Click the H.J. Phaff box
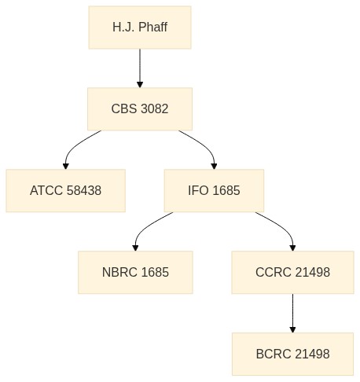(x=140, y=28)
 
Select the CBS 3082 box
(x=140, y=109)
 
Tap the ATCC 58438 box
(x=66, y=191)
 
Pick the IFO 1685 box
(x=214, y=191)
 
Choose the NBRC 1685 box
(x=135, y=273)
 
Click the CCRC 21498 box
(x=293, y=273)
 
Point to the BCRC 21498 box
(x=293, y=354)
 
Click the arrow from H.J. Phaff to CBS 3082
(x=140, y=68)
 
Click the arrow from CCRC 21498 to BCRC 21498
(x=293, y=314)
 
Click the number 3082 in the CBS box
(x=154, y=108)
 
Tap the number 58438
(x=84, y=190)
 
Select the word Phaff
(x=152, y=27)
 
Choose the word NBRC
(x=119, y=272)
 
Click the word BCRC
(x=274, y=354)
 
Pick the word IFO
(x=198, y=190)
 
